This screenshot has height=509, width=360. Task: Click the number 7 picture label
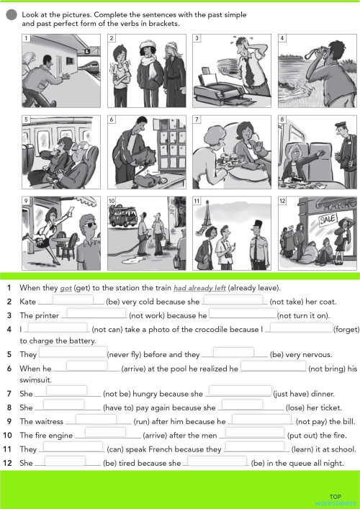click(197, 120)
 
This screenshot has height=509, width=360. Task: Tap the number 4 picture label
click(282, 37)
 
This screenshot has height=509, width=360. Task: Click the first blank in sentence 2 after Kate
click(73, 300)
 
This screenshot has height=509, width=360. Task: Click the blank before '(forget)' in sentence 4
click(300, 328)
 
